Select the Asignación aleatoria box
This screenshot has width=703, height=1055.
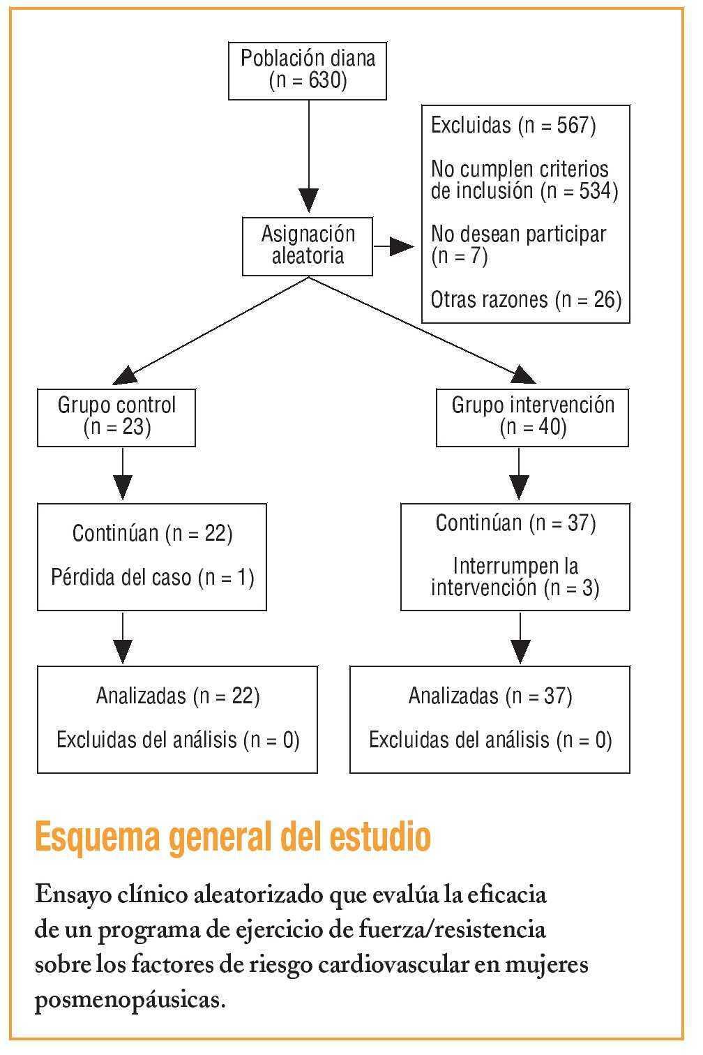(x=308, y=246)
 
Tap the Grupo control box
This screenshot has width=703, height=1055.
(x=116, y=417)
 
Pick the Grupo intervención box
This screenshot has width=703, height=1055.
(x=532, y=417)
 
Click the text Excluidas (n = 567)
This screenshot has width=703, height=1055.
(x=513, y=126)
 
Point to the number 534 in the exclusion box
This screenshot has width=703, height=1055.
(x=594, y=191)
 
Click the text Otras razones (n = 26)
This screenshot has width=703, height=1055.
(x=526, y=299)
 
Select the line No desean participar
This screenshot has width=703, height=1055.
(x=518, y=234)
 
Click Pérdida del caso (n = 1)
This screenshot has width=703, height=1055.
(x=153, y=578)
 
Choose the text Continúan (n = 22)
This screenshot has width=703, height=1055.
(x=153, y=534)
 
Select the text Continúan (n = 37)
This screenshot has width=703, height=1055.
(x=515, y=523)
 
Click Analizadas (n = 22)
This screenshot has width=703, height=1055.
(x=178, y=696)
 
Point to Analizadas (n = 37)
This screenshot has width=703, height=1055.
(x=490, y=696)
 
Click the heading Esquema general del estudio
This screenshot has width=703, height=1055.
(x=232, y=837)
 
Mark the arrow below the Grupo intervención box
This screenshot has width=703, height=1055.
(x=519, y=474)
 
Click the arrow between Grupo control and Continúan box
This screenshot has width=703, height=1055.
(x=123, y=474)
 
